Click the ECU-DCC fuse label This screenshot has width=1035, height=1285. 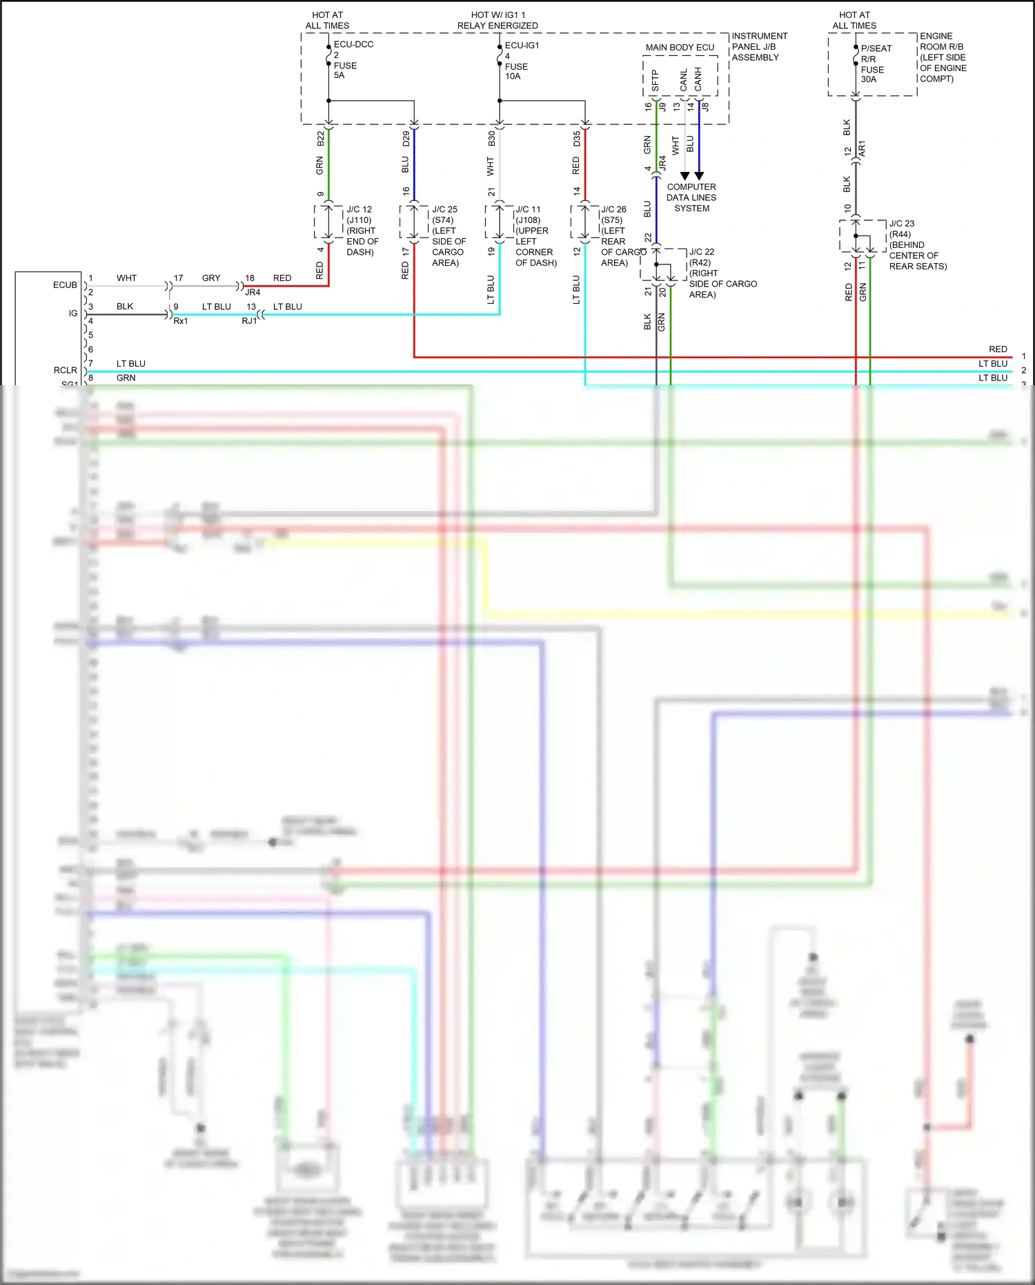[353, 44]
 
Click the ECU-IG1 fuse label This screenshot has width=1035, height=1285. [522, 46]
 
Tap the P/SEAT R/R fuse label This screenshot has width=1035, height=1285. [876, 54]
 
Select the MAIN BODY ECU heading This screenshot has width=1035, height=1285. [680, 48]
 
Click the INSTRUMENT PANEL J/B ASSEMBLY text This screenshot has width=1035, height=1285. [758, 47]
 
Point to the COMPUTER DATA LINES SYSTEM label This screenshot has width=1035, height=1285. [691, 197]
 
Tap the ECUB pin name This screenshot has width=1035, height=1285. [65, 285]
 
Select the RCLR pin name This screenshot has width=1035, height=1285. [66, 371]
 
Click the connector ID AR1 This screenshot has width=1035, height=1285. [862, 148]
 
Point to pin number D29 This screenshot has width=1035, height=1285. [406, 139]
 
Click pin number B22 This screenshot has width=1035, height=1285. [320, 139]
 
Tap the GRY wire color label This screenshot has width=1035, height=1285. [211, 278]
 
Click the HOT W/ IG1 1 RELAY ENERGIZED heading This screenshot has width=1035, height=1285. [497, 20]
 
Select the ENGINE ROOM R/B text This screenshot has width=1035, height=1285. [941, 41]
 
